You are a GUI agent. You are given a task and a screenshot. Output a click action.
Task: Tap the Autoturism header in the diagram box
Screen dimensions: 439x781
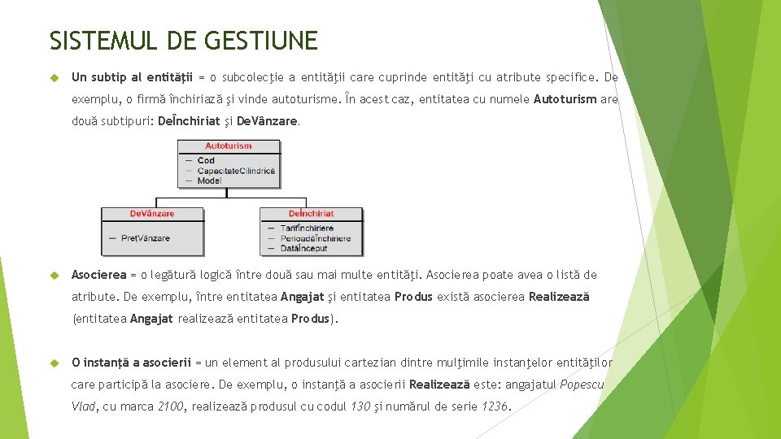[x=229, y=146]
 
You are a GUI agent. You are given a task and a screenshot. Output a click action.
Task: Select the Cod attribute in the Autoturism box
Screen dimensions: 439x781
[x=207, y=160]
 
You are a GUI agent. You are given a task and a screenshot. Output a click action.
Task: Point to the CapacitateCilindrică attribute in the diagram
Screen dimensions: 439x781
[x=236, y=171]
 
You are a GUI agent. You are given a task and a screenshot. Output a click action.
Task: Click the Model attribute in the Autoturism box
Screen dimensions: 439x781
[x=209, y=180]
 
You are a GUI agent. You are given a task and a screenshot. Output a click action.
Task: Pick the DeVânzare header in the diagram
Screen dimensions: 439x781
[x=152, y=214]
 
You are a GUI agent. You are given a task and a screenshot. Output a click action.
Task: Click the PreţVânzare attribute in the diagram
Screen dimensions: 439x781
[x=146, y=238]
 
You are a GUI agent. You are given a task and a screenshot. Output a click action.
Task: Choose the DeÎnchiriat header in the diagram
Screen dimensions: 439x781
[x=311, y=214]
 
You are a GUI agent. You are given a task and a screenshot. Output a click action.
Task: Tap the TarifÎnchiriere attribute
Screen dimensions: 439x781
[x=307, y=228]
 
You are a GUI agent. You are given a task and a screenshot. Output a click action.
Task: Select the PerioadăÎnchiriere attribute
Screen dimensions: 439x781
[x=315, y=238]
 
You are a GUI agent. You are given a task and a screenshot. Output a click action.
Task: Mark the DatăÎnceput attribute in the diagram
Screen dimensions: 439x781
[x=303, y=248]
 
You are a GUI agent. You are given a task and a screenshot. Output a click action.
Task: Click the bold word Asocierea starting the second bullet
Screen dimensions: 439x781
[x=99, y=275]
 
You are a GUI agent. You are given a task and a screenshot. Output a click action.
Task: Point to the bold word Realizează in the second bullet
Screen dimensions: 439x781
[x=559, y=297]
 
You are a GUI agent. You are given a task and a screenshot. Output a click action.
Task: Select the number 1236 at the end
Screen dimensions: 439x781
[x=495, y=406]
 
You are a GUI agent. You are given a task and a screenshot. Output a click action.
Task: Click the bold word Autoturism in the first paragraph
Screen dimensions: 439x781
[x=565, y=99]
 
